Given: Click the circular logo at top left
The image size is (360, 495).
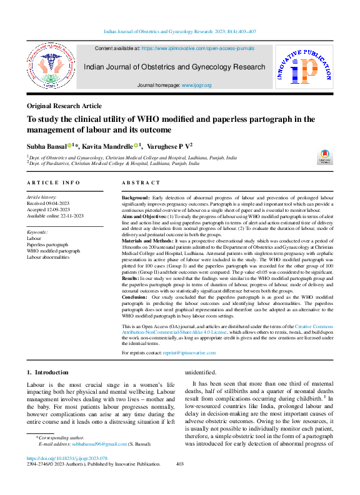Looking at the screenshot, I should pyautogui.click(x=51, y=67).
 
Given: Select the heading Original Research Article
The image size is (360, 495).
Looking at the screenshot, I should pyautogui.click(x=64, y=106).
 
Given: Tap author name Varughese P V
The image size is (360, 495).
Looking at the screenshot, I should pyautogui.click(x=170, y=146).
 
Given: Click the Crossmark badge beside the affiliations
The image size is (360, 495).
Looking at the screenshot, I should pyautogui.click(x=325, y=157).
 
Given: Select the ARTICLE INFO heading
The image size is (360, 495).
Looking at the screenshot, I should pyautogui.click(x=54, y=182).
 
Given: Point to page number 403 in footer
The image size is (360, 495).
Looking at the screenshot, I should pyautogui.click(x=180, y=464).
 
